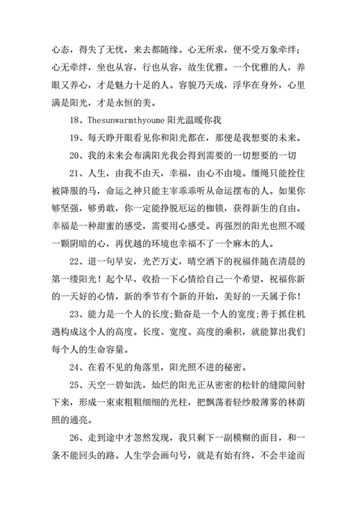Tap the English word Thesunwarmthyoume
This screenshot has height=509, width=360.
(127, 119)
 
